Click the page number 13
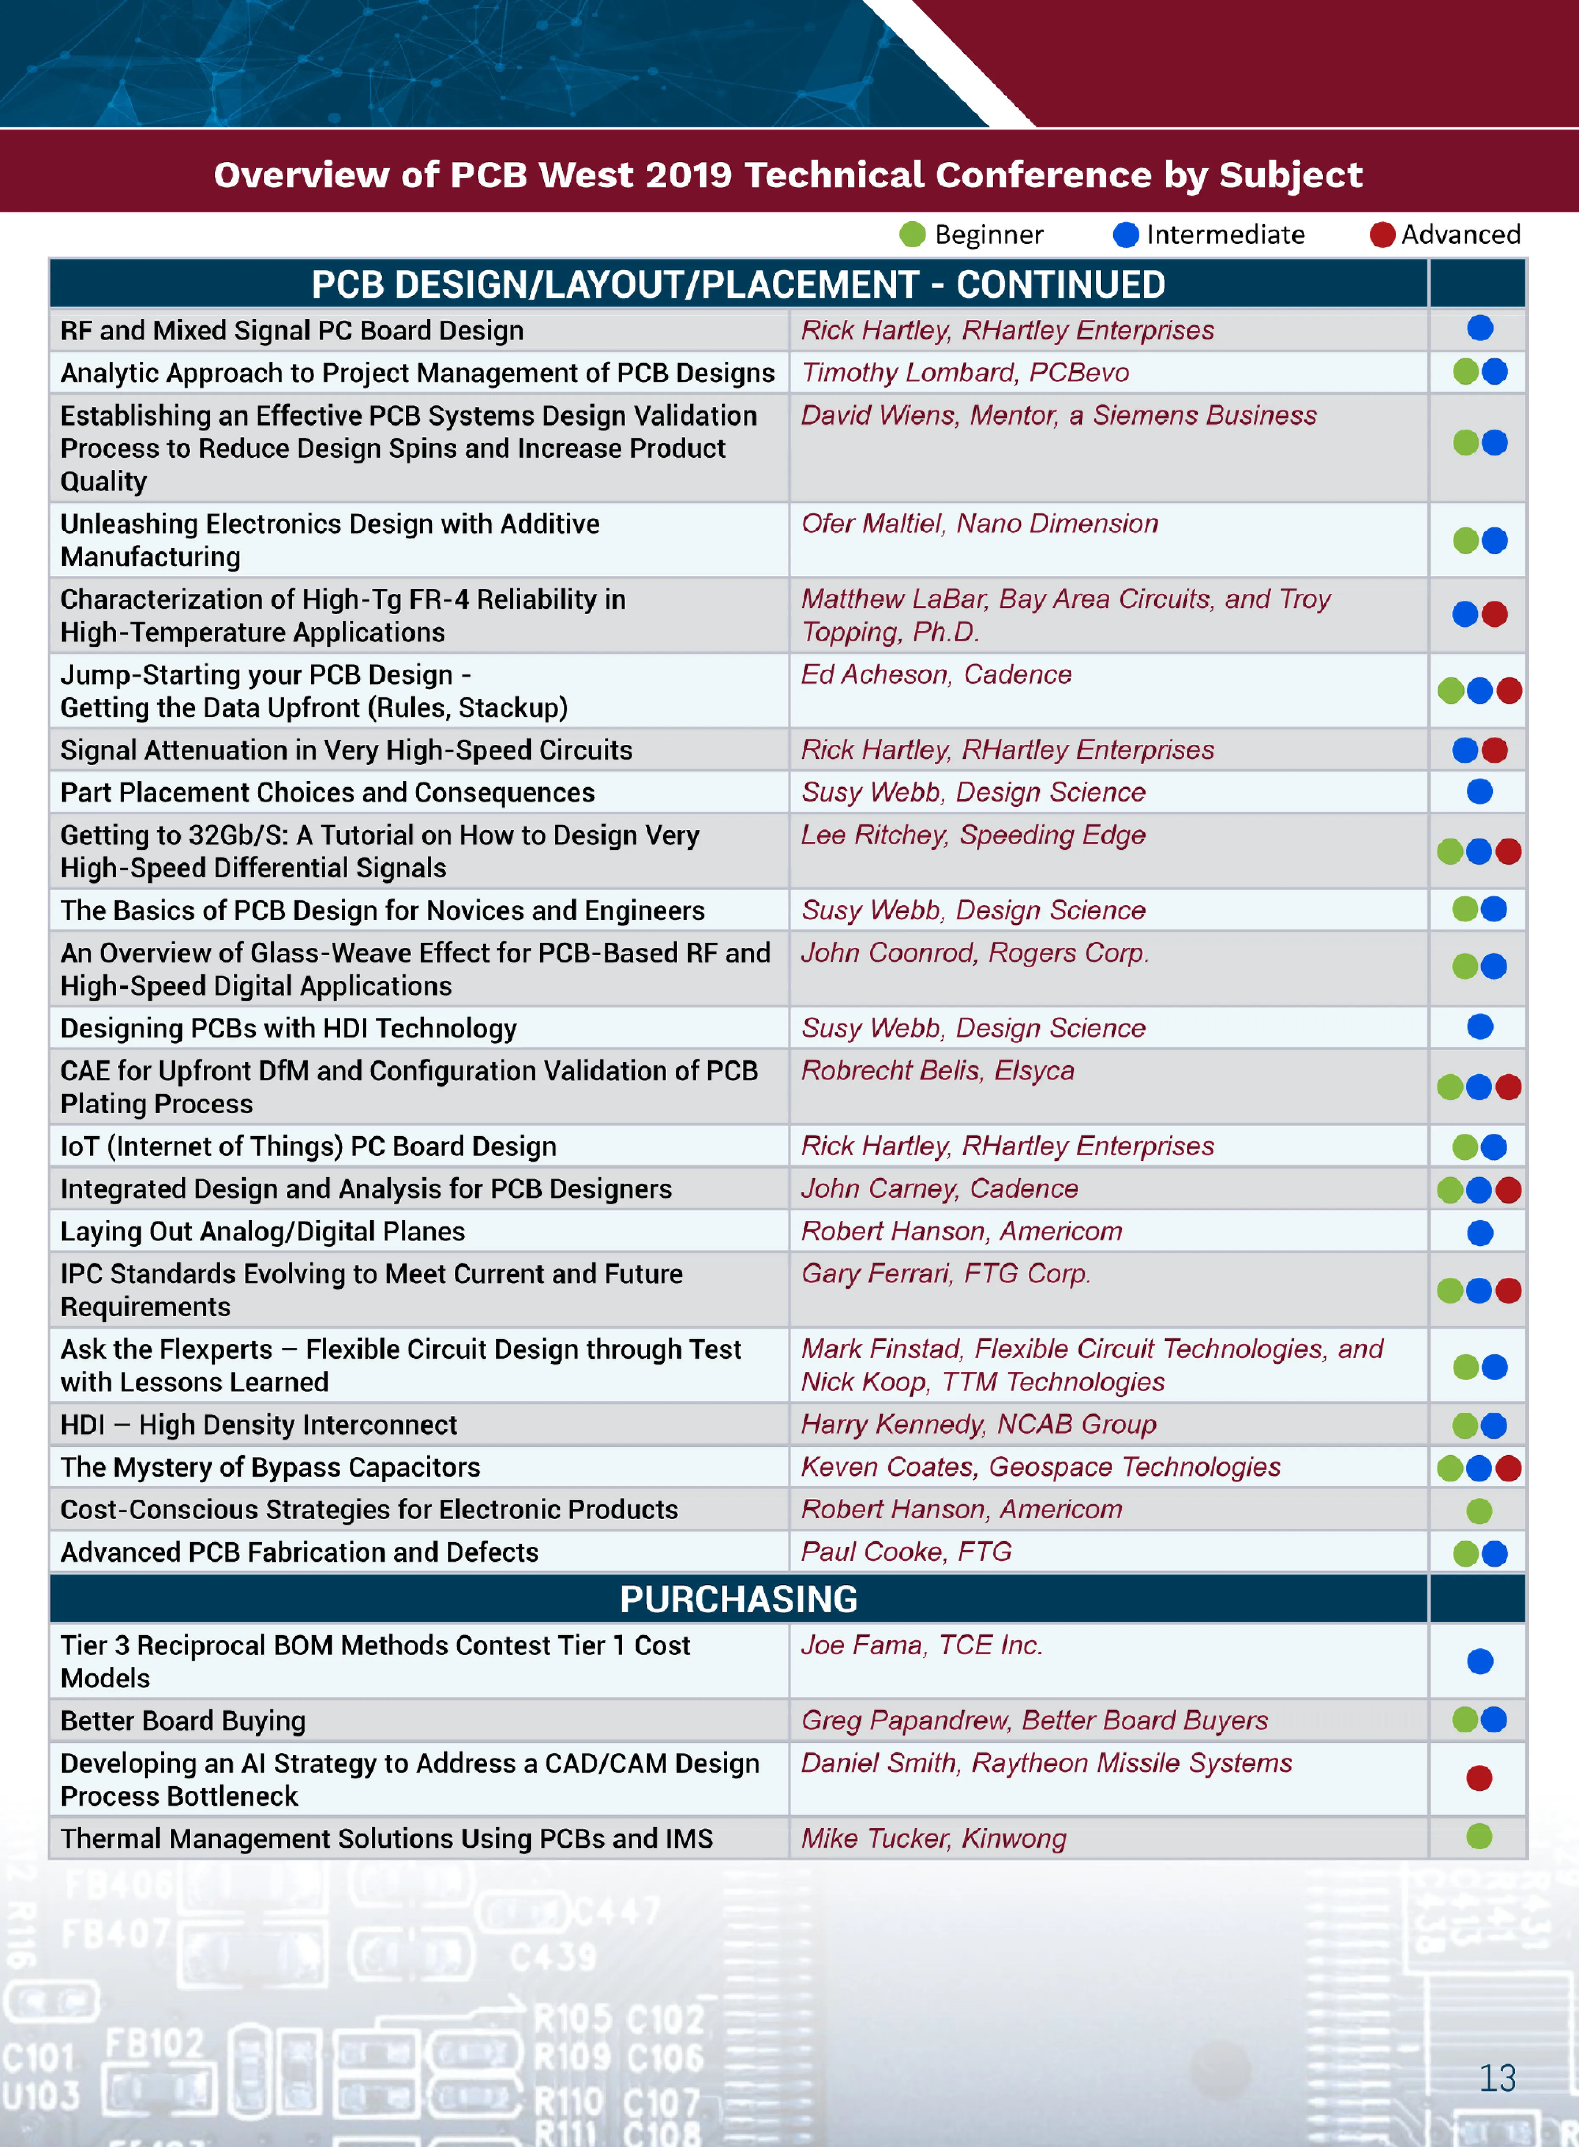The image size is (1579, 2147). (x=1497, y=2077)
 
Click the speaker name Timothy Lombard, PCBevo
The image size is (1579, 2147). (x=964, y=373)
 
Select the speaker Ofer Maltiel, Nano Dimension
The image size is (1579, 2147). (x=979, y=524)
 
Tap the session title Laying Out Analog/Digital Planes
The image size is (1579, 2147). (x=263, y=1231)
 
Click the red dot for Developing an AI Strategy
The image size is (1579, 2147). (x=1479, y=1778)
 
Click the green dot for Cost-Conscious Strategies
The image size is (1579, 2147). (x=1479, y=1510)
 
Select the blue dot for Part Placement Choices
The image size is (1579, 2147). (x=1479, y=791)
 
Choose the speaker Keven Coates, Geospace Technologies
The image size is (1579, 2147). (x=1040, y=1467)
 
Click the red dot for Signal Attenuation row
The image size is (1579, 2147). (x=1494, y=750)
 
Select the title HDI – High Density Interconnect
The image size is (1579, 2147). (x=258, y=1425)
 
